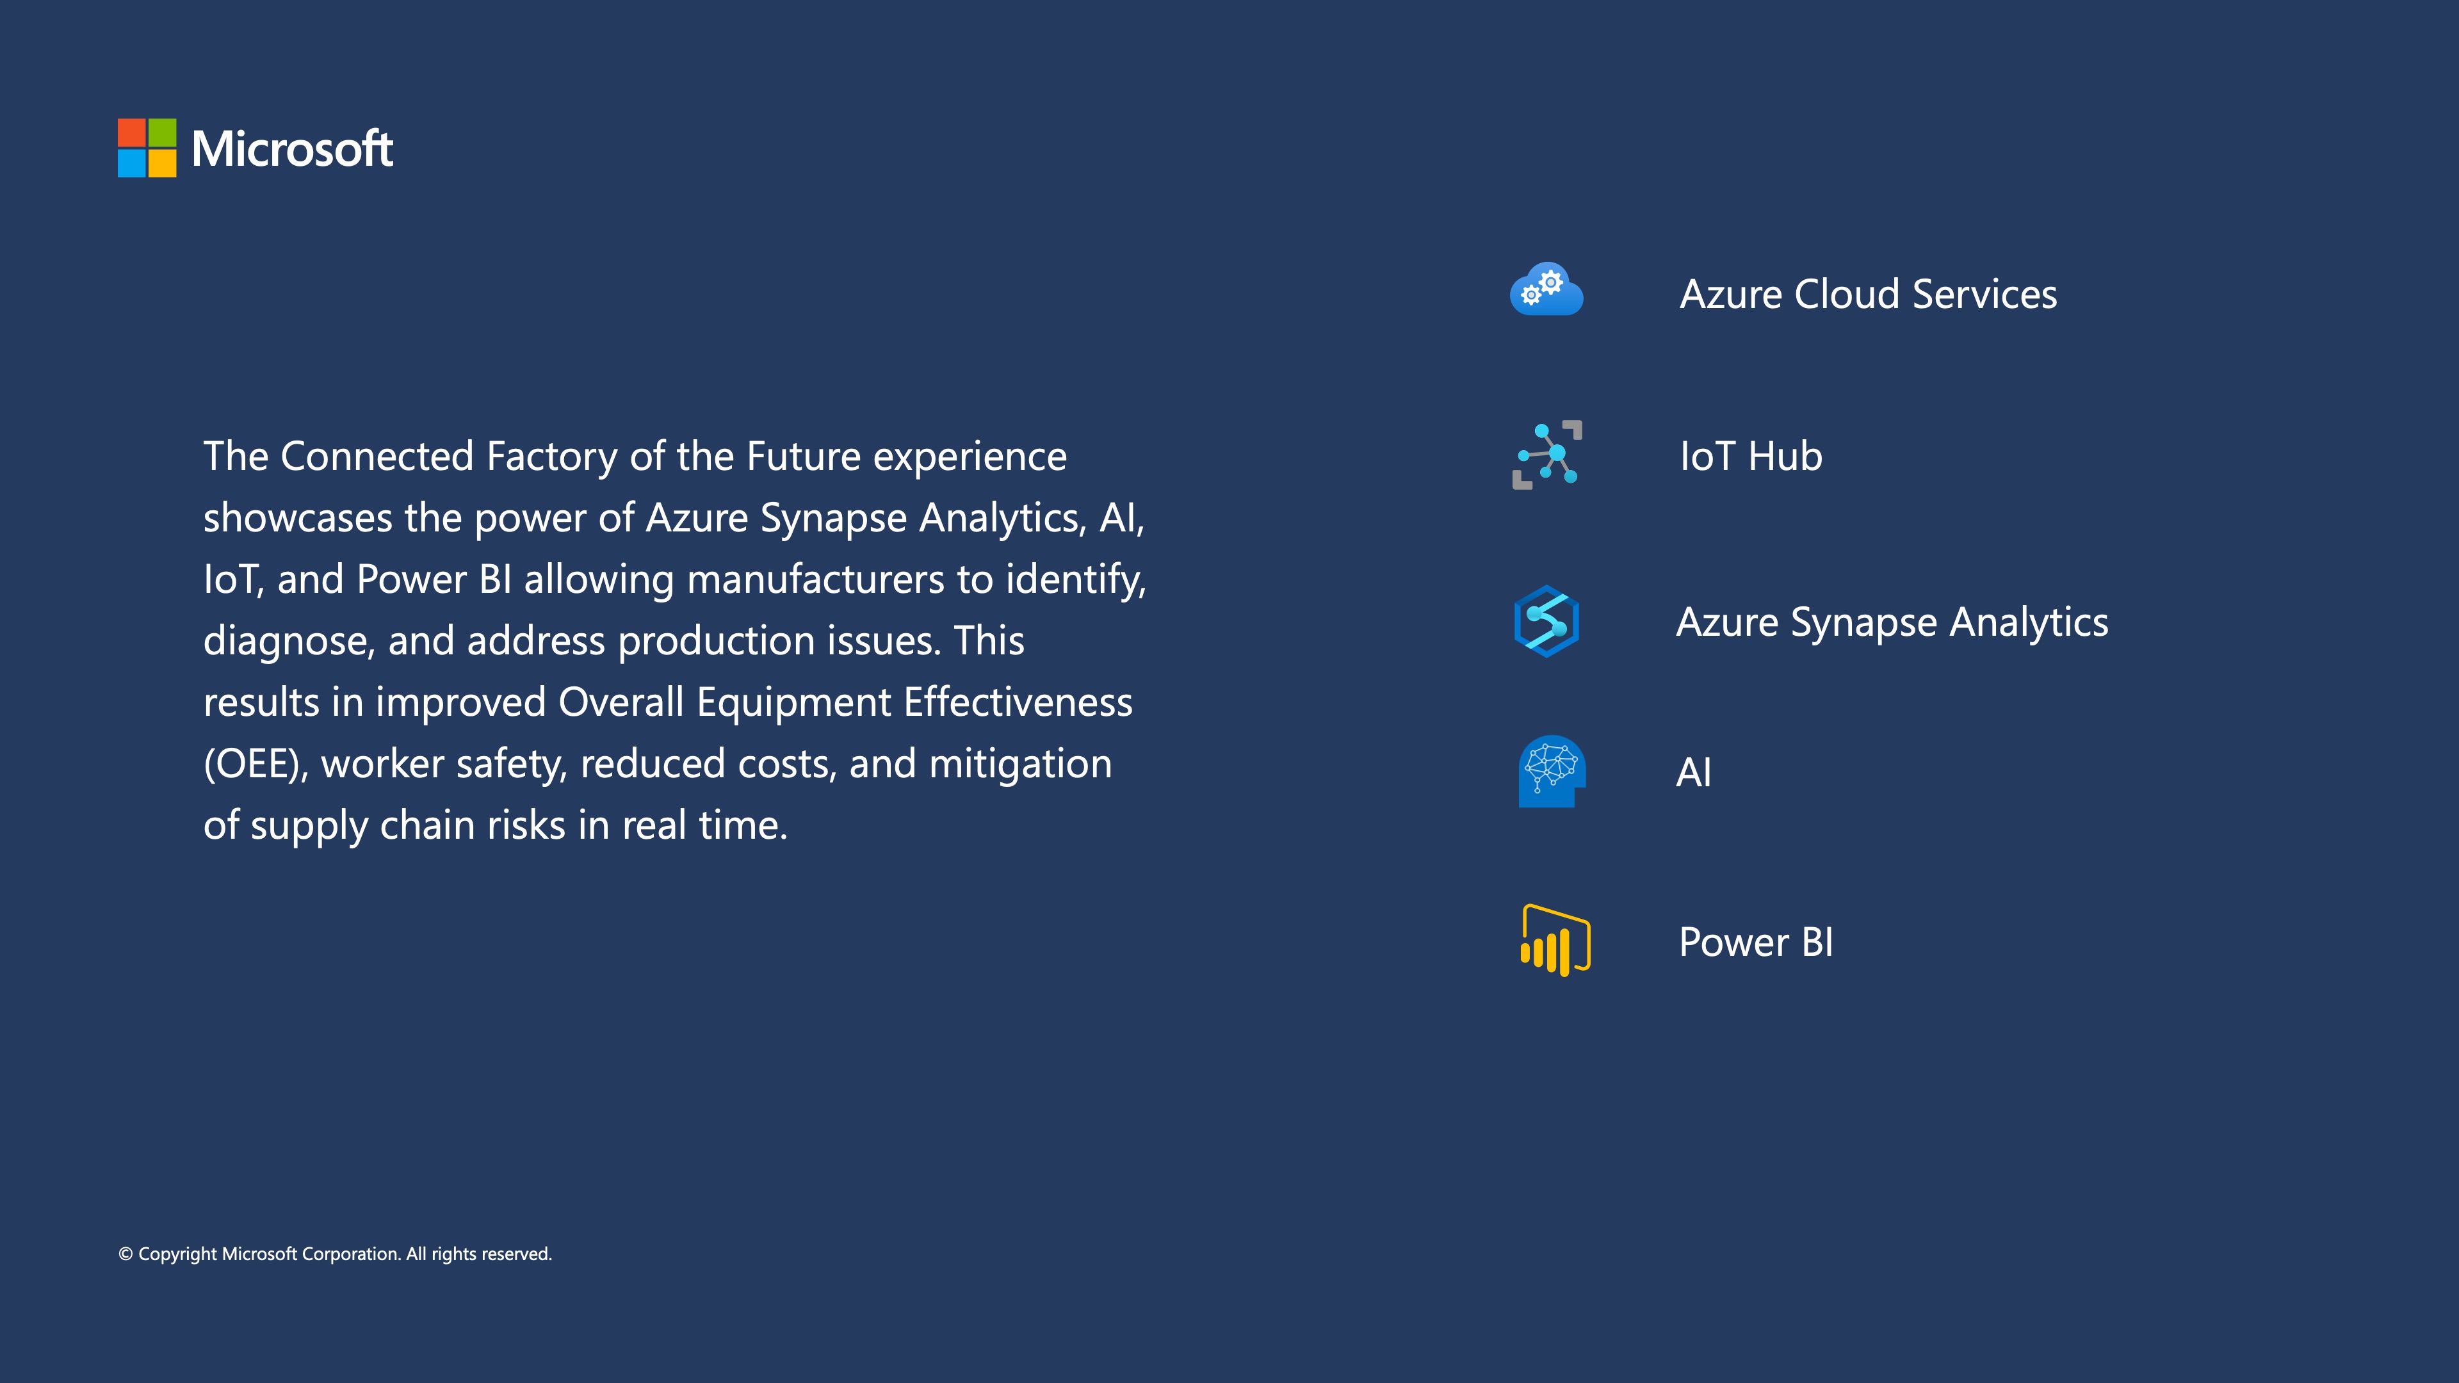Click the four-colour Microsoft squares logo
coord(147,148)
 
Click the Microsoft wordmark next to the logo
coord(292,149)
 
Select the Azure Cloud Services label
coord(1868,294)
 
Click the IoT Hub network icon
coord(1547,455)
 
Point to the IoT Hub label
coord(1751,457)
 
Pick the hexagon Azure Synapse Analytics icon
coord(1546,621)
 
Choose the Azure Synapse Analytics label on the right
coord(1892,623)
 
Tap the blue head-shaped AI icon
coord(1551,771)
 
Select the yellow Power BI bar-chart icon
coord(1555,940)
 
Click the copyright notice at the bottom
coord(335,1254)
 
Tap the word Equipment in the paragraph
coord(794,704)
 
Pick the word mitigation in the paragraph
coord(1021,764)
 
